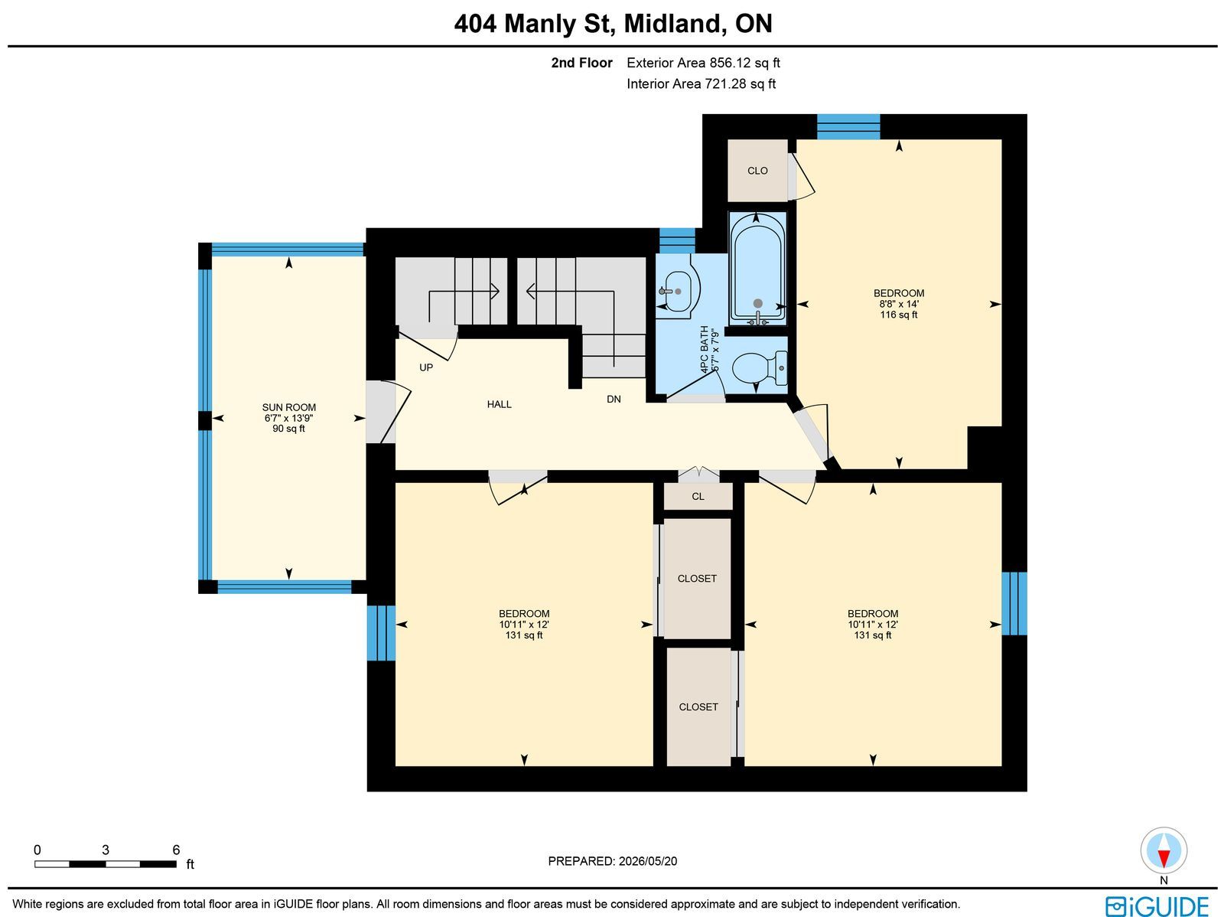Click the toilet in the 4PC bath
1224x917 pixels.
click(759, 368)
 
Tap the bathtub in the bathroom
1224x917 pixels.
click(757, 269)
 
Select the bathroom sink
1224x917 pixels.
click(678, 291)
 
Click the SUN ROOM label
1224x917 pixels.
click(289, 407)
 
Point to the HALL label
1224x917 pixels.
click(499, 404)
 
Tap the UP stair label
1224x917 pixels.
click(426, 367)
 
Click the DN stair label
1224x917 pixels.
click(614, 400)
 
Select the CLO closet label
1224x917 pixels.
click(757, 171)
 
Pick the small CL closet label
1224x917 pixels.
click(698, 497)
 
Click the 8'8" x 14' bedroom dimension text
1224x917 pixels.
click(898, 304)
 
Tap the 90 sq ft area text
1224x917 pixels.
click(289, 429)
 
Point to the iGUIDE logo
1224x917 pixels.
click(1157, 906)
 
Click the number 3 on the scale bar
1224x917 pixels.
click(106, 850)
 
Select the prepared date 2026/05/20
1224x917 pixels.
click(647, 861)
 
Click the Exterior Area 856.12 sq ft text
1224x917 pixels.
click(703, 63)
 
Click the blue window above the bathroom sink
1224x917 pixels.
click(677, 240)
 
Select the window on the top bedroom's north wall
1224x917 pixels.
click(848, 126)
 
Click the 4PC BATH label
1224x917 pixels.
click(705, 350)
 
